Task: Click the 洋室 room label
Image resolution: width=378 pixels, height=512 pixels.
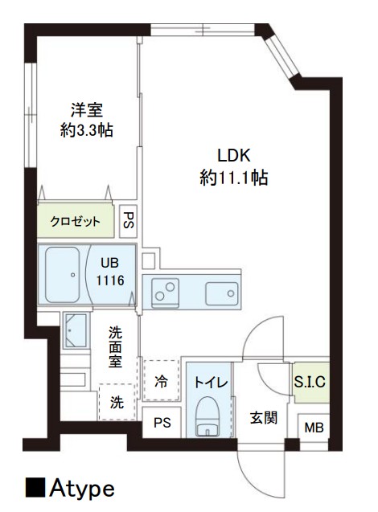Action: pos(87,110)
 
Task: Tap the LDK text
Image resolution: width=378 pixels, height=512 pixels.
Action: pos(234,155)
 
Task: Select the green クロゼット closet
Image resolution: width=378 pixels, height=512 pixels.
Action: pos(76,221)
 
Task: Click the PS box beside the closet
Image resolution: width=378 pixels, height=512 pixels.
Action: pos(128,221)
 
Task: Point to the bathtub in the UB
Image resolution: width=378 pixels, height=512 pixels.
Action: pos(63,275)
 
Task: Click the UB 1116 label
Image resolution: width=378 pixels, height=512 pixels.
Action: pos(110,272)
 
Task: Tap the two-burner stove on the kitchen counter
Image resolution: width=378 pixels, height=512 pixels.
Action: pos(165,293)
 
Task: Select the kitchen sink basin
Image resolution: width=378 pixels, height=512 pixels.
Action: pos(221,293)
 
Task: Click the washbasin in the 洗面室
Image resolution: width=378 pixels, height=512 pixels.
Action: pos(76,330)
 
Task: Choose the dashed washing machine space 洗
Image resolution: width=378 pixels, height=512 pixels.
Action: pos(117,402)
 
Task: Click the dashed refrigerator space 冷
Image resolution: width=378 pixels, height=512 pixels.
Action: pos(162,380)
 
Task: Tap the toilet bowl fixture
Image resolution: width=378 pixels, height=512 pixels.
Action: pos(207,416)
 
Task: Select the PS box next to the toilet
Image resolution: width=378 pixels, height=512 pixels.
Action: pos(162,423)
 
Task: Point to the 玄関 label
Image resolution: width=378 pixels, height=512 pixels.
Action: pos(263,418)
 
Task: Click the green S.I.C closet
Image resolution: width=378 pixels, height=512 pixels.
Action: pos(310,382)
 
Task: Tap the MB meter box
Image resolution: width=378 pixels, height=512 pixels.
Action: pos(314,428)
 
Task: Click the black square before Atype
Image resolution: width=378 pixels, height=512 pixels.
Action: pos(35,488)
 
